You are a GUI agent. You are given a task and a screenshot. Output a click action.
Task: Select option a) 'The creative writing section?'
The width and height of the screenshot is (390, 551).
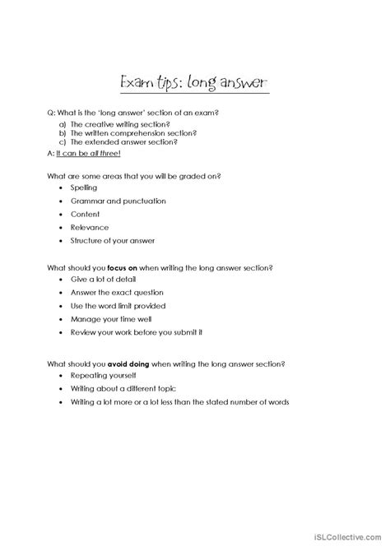coord(119,122)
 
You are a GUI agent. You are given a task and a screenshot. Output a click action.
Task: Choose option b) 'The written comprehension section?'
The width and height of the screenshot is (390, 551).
coord(128,132)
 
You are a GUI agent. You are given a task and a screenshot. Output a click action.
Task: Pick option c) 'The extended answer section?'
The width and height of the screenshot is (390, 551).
coord(121,141)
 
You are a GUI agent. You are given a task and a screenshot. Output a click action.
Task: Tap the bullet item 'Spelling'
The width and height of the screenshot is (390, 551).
coord(83,188)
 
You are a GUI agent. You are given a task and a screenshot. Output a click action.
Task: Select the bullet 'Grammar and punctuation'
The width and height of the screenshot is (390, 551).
coord(106,201)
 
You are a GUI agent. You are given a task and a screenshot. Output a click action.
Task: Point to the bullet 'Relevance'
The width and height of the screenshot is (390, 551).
coord(89,227)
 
